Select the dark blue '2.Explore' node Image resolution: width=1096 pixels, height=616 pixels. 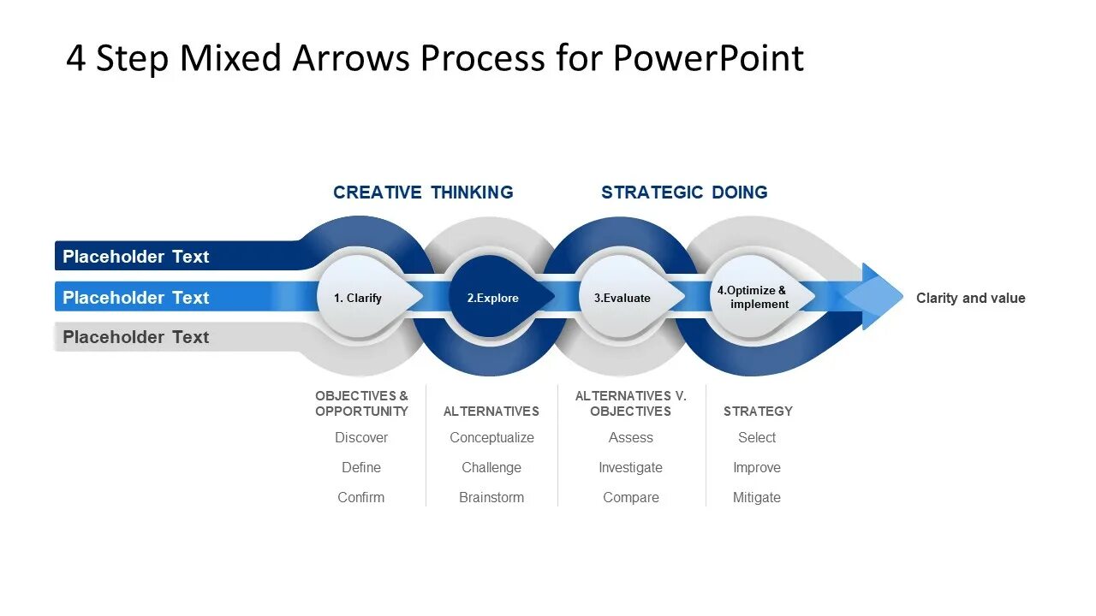tap(493, 298)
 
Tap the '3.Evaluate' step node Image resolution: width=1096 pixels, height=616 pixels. tap(623, 298)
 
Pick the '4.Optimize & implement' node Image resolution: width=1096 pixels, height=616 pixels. tap(753, 297)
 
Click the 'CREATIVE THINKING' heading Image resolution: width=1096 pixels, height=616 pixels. tap(423, 192)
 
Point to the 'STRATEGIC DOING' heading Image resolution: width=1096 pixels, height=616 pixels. tap(684, 192)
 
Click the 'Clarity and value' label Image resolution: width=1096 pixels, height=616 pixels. tap(970, 298)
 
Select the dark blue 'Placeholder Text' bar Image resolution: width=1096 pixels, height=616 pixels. tap(136, 257)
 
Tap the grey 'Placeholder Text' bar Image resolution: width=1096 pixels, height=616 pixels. tap(136, 337)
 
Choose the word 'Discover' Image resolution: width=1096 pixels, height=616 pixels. tap(361, 437)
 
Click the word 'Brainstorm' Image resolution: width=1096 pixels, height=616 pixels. tap(491, 497)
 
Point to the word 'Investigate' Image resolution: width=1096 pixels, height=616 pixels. tap(630, 467)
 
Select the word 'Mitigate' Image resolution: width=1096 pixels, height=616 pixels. tap(757, 497)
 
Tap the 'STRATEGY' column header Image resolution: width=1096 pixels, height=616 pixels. tap(758, 411)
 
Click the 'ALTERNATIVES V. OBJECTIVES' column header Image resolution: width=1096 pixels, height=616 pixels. tap(631, 403)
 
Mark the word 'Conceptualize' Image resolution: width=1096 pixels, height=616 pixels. tap(491, 437)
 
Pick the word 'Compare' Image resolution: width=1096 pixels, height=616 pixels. tap(631, 497)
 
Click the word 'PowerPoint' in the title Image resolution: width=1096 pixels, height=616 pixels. tap(708, 58)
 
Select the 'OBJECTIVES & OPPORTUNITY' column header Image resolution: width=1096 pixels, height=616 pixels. tap(361, 403)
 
